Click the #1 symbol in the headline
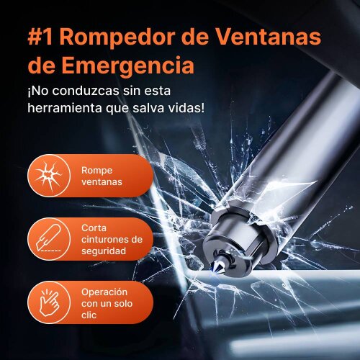[40, 37]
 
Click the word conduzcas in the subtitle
[86, 91]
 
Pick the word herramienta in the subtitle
[65, 108]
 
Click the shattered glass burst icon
[49, 176]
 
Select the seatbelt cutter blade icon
[48, 238]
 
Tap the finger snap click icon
[49, 302]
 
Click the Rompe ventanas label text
[102, 176]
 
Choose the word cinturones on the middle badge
[106, 239]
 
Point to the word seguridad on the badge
[104, 251]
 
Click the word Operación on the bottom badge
[104, 292]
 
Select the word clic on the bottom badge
[89, 315]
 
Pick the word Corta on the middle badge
[94, 228]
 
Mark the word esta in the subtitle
[158, 91]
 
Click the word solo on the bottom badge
[123, 304]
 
